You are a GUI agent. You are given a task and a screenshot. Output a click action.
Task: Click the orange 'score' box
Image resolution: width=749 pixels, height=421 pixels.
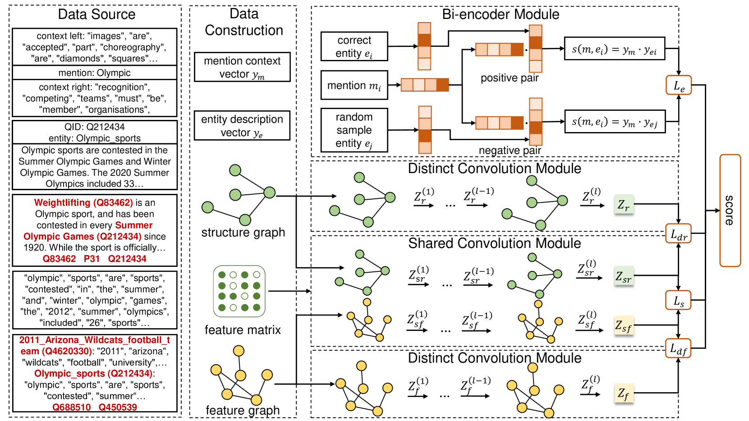(x=730, y=210)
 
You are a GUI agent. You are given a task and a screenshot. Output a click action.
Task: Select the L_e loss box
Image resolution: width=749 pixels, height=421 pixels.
(x=679, y=85)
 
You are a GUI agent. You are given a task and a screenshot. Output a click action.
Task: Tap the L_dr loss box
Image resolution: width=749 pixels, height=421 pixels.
(x=679, y=233)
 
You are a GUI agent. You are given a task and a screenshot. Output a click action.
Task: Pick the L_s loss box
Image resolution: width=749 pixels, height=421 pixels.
(x=678, y=300)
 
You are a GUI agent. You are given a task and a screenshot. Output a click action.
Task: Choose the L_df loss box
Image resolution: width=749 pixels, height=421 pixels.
(x=678, y=348)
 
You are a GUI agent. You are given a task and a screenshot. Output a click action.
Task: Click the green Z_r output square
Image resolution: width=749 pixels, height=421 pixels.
(x=624, y=204)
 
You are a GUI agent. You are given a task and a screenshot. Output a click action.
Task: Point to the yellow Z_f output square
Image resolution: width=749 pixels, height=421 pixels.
(x=624, y=393)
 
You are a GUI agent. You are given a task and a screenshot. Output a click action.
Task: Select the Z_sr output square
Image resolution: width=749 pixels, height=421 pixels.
(x=624, y=276)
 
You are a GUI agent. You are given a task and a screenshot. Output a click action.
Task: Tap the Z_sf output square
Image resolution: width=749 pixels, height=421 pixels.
(x=624, y=325)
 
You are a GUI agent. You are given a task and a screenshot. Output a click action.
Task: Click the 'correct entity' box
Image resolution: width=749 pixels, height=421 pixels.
(x=354, y=46)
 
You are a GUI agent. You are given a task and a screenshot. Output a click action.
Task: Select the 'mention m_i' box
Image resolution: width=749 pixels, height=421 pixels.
(x=354, y=85)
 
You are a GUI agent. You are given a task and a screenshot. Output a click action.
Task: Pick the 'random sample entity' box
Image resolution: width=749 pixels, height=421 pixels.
(x=354, y=130)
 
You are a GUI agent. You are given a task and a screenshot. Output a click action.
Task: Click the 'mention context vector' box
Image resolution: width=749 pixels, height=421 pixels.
(x=243, y=67)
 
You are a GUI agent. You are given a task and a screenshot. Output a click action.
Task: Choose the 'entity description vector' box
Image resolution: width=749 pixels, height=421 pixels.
(x=242, y=125)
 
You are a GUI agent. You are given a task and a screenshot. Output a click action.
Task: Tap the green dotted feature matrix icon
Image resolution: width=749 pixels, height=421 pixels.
(x=239, y=291)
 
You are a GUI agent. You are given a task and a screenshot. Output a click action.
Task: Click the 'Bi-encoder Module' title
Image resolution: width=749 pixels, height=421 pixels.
(x=501, y=14)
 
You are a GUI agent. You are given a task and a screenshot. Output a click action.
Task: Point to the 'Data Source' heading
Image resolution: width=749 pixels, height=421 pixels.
(x=96, y=14)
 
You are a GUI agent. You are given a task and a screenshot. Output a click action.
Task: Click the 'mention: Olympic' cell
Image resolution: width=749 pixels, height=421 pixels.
(x=95, y=73)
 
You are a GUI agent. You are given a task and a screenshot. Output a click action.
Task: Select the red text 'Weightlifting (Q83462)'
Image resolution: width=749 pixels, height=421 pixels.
(x=83, y=202)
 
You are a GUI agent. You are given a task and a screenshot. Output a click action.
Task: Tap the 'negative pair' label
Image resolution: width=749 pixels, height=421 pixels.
(x=510, y=151)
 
